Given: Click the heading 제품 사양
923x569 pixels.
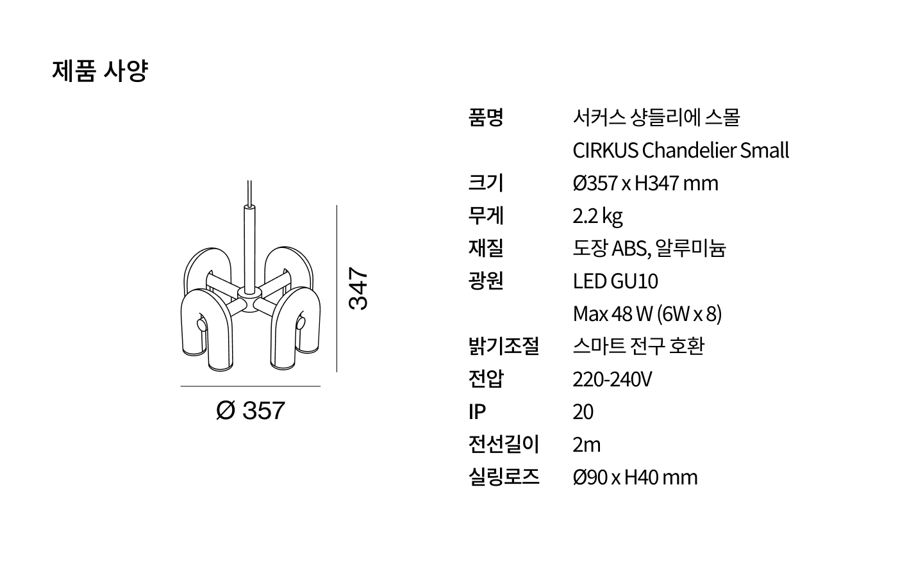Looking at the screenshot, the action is click(100, 71).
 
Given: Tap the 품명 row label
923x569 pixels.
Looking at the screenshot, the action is click(486, 117).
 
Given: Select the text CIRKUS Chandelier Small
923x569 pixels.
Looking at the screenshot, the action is click(681, 151).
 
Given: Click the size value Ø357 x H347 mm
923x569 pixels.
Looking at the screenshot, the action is click(645, 183).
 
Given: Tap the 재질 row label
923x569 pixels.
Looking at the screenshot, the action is click(486, 249).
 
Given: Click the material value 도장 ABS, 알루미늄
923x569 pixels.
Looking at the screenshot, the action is click(649, 249).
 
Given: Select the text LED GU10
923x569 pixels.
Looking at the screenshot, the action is click(615, 281).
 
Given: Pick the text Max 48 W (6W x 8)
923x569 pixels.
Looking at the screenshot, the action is click(647, 314).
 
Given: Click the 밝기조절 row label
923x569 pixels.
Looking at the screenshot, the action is click(504, 347).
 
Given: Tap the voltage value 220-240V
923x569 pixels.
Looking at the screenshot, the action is click(612, 379).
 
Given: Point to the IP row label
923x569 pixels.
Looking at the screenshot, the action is click(477, 412).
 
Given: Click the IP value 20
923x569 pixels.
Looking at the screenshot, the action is click(583, 412).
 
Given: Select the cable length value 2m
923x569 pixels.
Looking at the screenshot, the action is click(586, 445).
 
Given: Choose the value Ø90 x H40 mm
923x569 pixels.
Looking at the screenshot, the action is click(635, 477).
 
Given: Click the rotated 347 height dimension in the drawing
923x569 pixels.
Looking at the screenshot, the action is click(358, 288).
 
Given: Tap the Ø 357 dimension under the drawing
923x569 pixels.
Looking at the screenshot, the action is click(251, 410).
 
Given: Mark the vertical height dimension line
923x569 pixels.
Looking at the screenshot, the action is click(337, 288).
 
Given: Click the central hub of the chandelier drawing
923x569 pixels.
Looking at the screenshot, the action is click(249, 300).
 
